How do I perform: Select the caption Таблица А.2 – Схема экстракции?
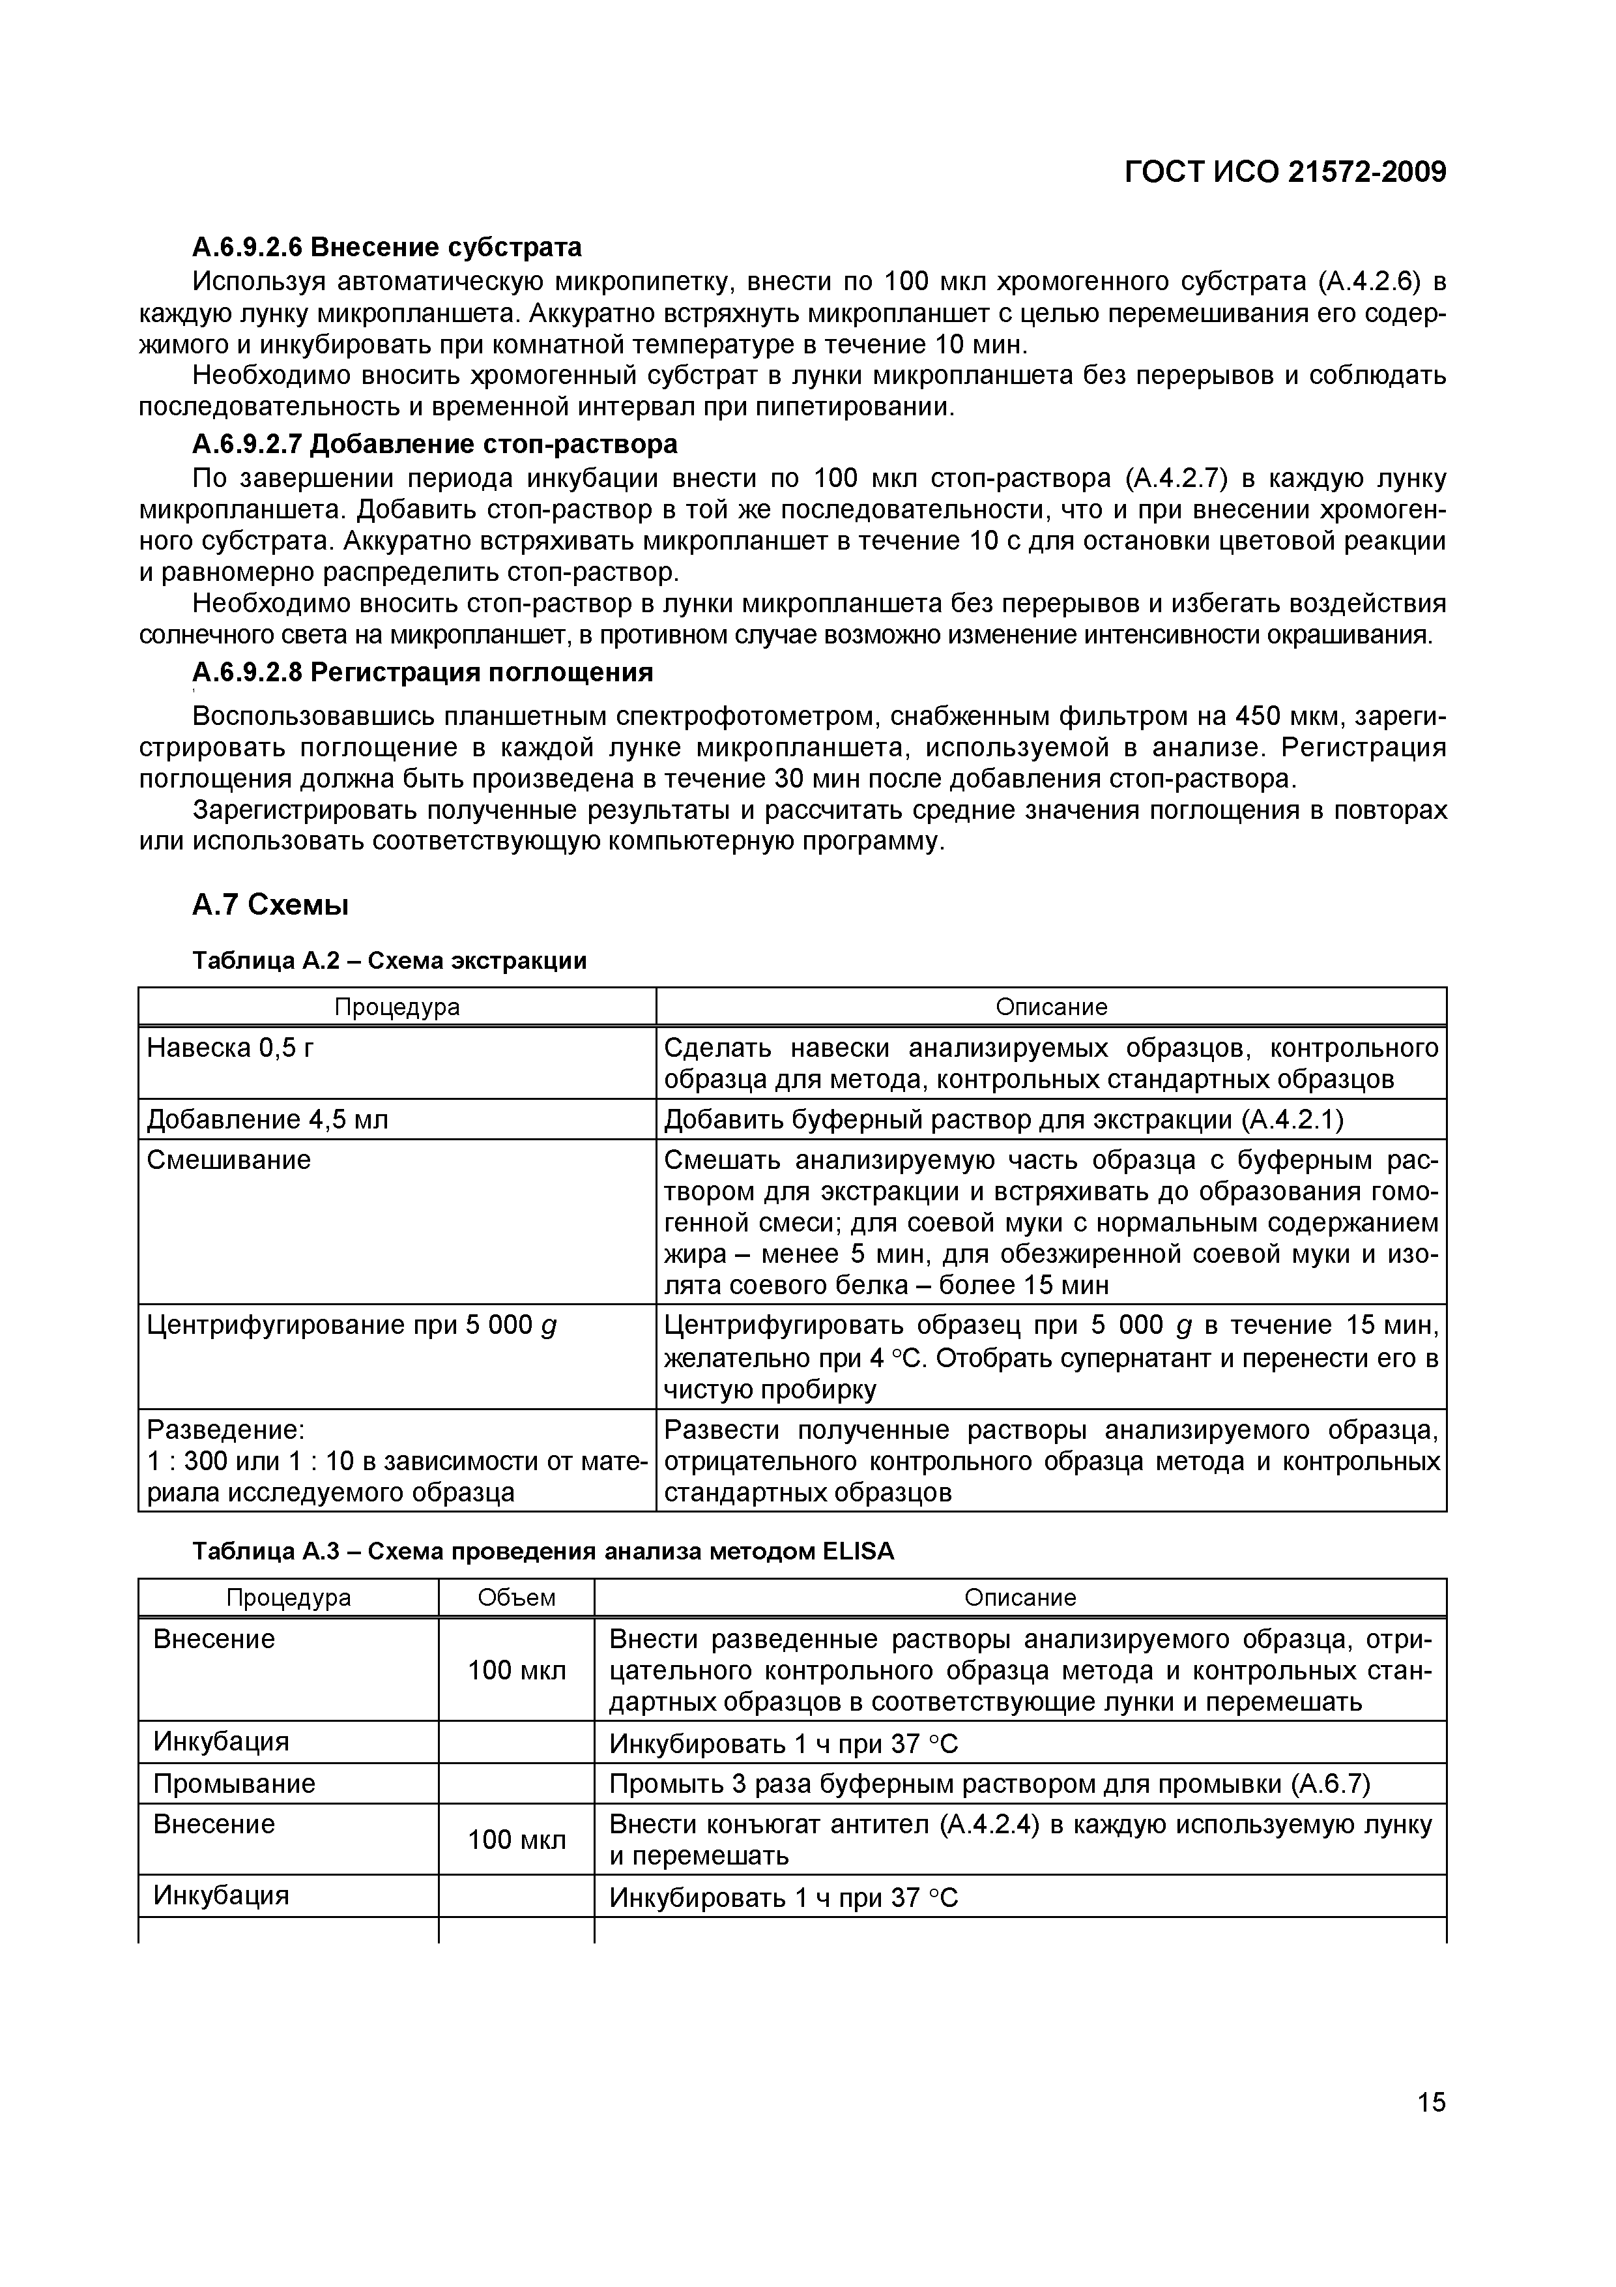click(389, 960)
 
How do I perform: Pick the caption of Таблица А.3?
click(543, 1551)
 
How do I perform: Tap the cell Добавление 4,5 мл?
click(267, 1119)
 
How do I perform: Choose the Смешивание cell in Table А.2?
click(229, 1160)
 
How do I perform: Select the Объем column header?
click(516, 1598)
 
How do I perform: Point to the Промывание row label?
click(234, 1783)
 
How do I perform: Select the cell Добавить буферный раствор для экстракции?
click(1003, 1119)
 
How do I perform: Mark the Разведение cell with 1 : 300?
click(396, 1460)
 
